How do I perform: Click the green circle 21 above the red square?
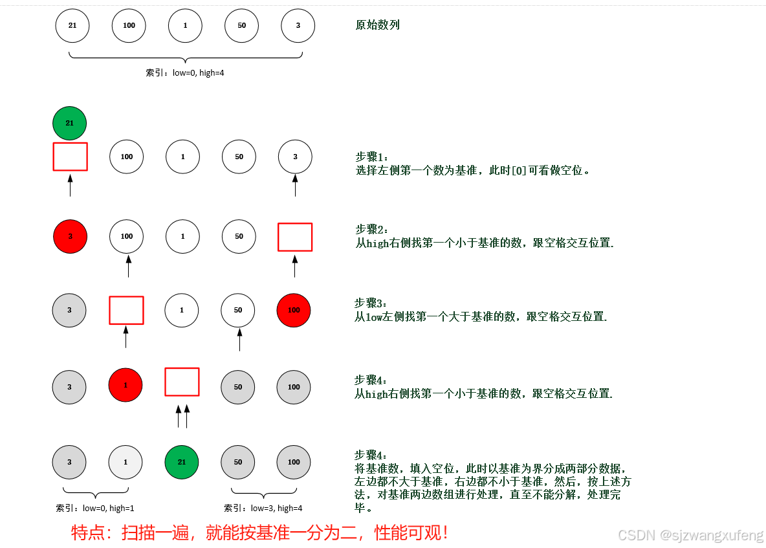tap(69, 123)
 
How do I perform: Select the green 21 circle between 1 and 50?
tap(182, 462)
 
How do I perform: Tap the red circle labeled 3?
tap(70, 236)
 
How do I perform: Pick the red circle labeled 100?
tap(294, 310)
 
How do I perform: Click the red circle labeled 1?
tap(126, 385)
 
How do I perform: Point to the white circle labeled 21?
tap(72, 25)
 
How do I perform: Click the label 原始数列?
tap(378, 25)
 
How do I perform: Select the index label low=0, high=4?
tap(185, 73)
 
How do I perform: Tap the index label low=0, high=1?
tap(95, 509)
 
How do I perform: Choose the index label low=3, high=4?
tap(263, 509)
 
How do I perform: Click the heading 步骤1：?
tap(373, 157)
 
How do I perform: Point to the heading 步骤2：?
tap(373, 229)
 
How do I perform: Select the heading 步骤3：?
tap(372, 303)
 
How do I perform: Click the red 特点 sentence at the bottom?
tap(259, 533)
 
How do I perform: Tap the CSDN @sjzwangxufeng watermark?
tap(690, 535)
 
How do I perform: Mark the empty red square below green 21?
tap(70, 157)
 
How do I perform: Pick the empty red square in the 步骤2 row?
tap(295, 237)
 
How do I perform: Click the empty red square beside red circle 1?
tap(182, 382)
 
